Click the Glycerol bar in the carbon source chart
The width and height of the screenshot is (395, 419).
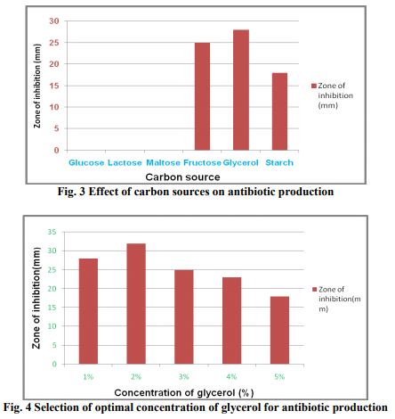pyautogui.click(x=241, y=90)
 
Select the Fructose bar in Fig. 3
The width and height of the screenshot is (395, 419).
pyautogui.click(x=202, y=96)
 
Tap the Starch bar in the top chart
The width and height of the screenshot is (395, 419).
pyautogui.click(x=279, y=111)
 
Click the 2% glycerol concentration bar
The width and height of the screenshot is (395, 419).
pyautogui.click(x=136, y=304)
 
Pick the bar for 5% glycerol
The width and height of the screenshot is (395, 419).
pyautogui.click(x=279, y=330)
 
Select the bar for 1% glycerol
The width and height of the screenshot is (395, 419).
pyautogui.click(x=88, y=311)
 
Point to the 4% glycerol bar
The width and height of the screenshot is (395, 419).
pyautogui.click(x=231, y=321)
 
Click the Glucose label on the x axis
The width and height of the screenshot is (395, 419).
pyautogui.click(x=86, y=163)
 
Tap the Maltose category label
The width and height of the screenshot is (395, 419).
pyautogui.click(x=163, y=163)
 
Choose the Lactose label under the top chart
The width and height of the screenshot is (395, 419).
pyautogui.click(x=125, y=163)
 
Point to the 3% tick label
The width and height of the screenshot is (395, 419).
pyautogui.click(x=184, y=377)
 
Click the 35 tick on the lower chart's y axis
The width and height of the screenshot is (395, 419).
pyautogui.click(x=52, y=232)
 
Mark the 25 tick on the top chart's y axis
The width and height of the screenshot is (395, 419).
pyautogui.click(x=54, y=43)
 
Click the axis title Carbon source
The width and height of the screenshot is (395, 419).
pyautogui.click(x=182, y=177)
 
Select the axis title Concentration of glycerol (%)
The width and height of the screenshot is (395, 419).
pyautogui.click(x=184, y=393)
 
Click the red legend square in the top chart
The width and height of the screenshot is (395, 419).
pyautogui.click(x=314, y=86)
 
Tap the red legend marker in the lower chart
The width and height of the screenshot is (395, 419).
pyautogui.click(x=315, y=290)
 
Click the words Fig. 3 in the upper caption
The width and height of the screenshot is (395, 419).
pyautogui.click(x=71, y=192)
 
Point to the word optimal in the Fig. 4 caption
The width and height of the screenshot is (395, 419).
pyautogui.click(x=115, y=407)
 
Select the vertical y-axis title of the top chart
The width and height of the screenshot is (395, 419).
pyautogui.click(x=37, y=86)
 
